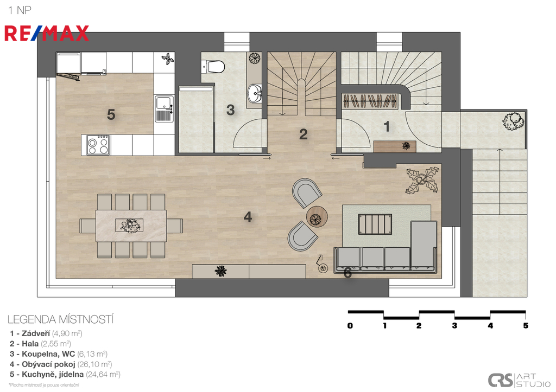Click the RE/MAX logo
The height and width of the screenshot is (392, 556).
pos(47,33)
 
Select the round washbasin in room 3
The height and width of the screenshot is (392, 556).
pos(254,93)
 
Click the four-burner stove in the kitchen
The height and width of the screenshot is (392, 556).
pos(98,145)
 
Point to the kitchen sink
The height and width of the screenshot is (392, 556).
pos(164,108)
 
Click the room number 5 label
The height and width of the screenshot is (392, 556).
pos(111,114)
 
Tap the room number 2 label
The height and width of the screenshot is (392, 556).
pos(303,134)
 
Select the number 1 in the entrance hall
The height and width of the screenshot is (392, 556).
pos(387,126)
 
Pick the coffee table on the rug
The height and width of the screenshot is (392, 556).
pos(375,224)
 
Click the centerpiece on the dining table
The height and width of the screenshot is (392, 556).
pos(129,225)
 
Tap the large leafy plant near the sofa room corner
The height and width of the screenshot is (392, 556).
pos(422,180)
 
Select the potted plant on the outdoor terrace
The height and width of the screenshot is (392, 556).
pos(513,121)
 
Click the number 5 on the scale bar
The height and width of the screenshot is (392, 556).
pos(526,325)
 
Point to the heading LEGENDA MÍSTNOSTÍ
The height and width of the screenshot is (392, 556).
pos(60,319)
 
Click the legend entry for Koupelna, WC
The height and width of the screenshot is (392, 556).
pos(59,354)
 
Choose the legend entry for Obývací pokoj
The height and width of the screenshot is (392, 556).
pos(61,364)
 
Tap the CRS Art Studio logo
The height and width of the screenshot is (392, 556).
pos(519,380)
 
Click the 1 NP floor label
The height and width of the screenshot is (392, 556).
pos(20,10)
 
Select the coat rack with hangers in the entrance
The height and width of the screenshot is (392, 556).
pos(370,101)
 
